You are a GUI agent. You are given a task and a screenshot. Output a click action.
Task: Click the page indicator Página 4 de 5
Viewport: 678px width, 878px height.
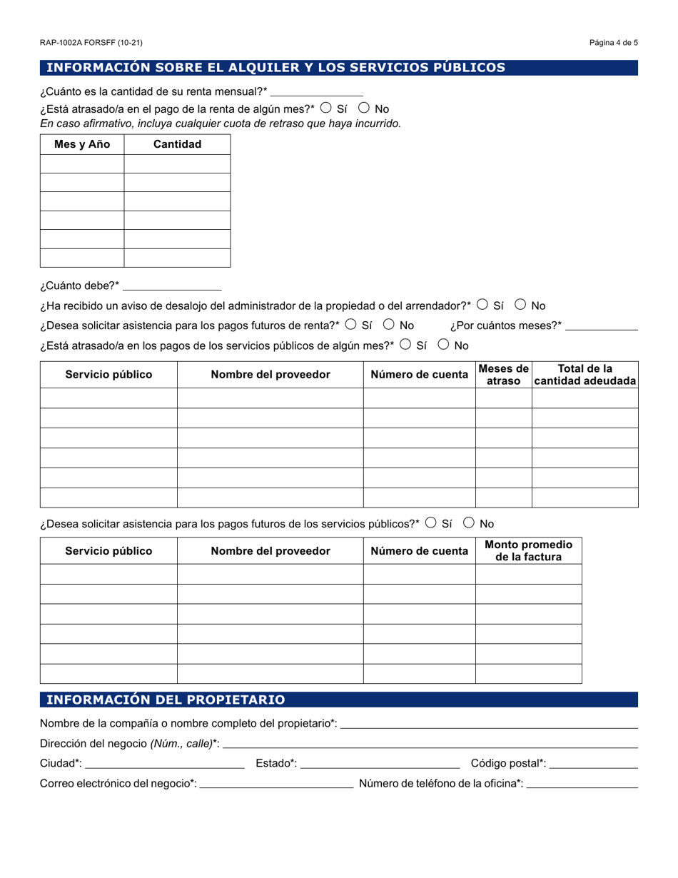tap(613, 43)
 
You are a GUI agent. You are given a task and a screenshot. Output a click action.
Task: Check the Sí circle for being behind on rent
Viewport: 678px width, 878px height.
tap(325, 109)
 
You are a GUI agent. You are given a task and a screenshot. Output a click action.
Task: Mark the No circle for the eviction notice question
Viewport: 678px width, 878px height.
tap(520, 305)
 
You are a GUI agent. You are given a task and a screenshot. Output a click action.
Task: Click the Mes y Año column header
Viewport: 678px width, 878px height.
tap(82, 144)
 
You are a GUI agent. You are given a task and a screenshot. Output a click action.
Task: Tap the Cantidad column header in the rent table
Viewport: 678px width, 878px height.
tap(177, 144)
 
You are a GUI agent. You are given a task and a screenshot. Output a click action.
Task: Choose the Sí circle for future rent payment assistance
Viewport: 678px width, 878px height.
tap(350, 325)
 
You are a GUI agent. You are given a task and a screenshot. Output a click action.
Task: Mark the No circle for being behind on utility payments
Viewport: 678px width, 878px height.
tap(443, 345)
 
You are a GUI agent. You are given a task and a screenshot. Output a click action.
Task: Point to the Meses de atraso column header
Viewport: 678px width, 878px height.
tap(503, 375)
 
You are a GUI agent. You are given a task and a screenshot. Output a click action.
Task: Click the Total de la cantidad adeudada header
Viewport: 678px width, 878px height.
tap(585, 375)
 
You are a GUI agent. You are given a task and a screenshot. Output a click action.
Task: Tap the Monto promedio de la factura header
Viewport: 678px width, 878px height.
tap(528, 550)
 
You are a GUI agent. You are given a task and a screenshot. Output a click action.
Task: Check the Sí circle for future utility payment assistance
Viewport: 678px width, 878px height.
tap(430, 523)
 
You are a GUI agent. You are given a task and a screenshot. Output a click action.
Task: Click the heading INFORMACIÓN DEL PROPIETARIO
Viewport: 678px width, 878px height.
tap(166, 700)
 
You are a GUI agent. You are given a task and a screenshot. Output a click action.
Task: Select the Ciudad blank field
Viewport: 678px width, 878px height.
tap(164, 763)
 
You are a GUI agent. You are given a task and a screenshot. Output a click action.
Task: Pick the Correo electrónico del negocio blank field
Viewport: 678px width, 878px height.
tap(276, 783)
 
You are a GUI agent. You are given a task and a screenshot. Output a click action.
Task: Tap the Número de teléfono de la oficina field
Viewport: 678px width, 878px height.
tap(582, 783)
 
